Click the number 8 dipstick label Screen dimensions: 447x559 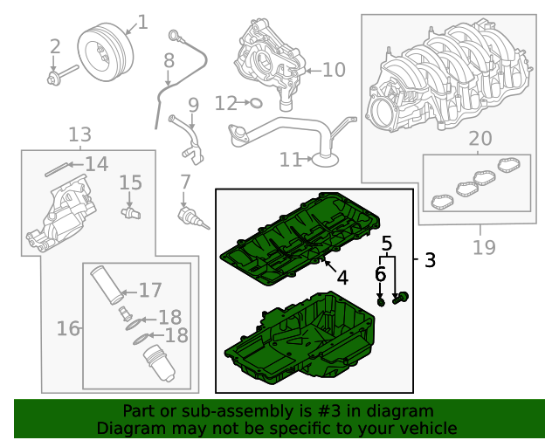click(x=169, y=62)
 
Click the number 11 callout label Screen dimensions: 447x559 click(x=290, y=160)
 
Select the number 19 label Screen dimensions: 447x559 click(x=483, y=247)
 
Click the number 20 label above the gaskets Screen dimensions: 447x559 click(x=480, y=138)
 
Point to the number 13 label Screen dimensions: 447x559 click(x=79, y=134)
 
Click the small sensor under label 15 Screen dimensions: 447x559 click(x=130, y=210)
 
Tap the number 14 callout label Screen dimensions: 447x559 click(x=96, y=164)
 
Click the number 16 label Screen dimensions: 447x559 click(x=68, y=328)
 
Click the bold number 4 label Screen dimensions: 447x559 click(x=342, y=278)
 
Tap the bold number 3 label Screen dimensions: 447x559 click(x=429, y=259)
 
